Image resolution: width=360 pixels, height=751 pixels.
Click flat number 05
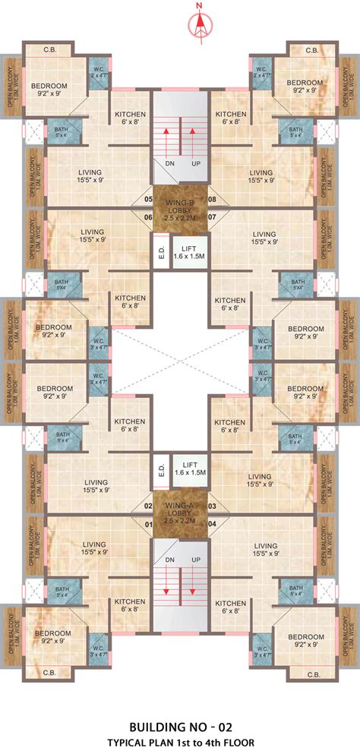pos(148,200)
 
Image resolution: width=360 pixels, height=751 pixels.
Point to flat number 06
pos(148,217)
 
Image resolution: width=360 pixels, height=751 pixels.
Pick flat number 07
pos(213,217)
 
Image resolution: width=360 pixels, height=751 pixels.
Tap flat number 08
pos(213,200)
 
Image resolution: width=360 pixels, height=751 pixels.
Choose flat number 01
pos(148,522)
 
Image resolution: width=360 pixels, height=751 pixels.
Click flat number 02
pos(148,506)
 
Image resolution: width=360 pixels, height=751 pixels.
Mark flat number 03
pos(213,506)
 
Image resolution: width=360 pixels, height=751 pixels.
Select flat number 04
pos(213,522)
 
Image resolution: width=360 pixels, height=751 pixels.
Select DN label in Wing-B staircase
pos(170,163)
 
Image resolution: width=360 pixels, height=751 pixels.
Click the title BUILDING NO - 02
pos(180,726)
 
